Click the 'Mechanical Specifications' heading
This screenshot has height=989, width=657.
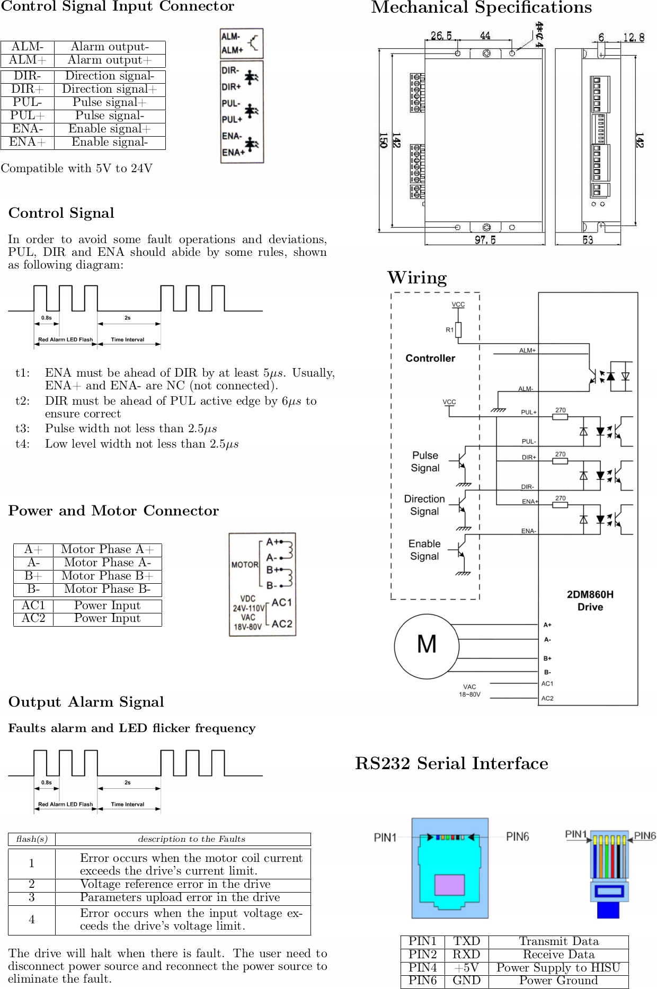[x=481, y=8]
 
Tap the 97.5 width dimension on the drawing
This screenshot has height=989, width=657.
[x=485, y=240]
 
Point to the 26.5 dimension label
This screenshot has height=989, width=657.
[x=441, y=35]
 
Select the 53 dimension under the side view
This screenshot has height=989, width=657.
[x=588, y=240]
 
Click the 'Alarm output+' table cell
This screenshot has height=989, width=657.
[x=110, y=60]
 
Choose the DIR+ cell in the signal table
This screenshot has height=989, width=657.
[x=28, y=89]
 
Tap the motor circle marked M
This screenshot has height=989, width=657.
[x=427, y=646]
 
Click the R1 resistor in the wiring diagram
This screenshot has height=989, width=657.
[x=458, y=329]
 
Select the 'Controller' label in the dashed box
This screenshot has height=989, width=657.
[x=430, y=358]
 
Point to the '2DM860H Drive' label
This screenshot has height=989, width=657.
[x=590, y=601]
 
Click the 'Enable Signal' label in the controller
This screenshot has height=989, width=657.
[x=424, y=550]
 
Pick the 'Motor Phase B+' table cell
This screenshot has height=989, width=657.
[x=108, y=576]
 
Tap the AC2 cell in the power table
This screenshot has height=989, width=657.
[x=33, y=619]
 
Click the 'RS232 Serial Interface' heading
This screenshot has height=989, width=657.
[x=451, y=763]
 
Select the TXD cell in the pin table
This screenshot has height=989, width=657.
[x=466, y=941]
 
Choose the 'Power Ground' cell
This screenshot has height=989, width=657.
[x=558, y=981]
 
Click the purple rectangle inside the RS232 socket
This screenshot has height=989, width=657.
[x=449, y=885]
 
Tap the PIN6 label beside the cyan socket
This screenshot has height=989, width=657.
[x=517, y=836]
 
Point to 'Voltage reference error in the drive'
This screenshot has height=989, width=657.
[x=175, y=884]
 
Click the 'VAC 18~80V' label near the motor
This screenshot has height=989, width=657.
[x=469, y=691]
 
